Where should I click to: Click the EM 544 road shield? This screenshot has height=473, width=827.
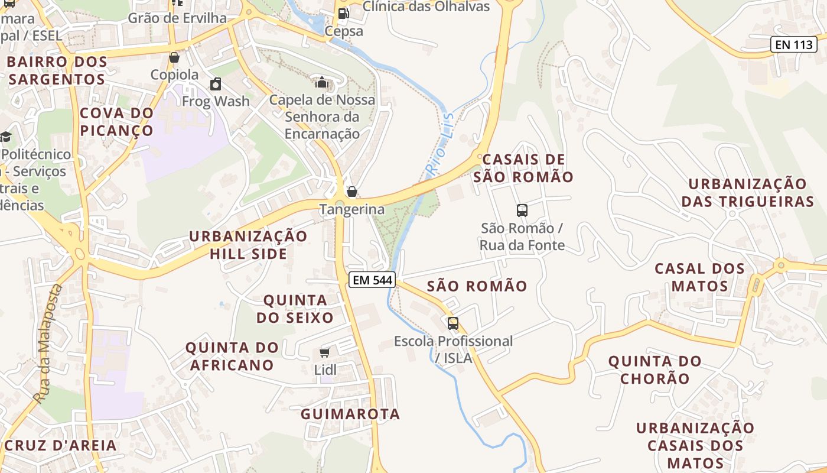[372, 280]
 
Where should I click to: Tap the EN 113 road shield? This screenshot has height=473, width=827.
[793, 44]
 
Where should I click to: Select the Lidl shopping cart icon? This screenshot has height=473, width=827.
[324, 353]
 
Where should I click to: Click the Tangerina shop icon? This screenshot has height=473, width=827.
[351, 192]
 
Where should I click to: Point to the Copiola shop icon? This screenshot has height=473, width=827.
[174, 57]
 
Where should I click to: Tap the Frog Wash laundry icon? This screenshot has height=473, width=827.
[216, 84]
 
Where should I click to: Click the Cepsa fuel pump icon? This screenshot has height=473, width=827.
[343, 14]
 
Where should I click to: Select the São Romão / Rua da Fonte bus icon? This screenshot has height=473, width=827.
[522, 210]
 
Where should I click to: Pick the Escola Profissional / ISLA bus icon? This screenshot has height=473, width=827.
[453, 323]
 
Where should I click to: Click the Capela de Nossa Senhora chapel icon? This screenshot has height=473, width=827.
[322, 82]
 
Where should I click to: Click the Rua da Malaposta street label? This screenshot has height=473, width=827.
[48, 343]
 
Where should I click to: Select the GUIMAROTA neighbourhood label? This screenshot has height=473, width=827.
[350, 414]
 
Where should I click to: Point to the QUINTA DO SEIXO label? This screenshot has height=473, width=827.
[295, 309]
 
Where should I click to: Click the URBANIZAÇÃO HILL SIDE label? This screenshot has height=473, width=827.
[248, 245]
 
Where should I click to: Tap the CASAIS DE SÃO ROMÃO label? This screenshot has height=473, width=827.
[524, 168]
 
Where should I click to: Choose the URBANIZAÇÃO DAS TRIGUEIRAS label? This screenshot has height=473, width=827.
[747, 193]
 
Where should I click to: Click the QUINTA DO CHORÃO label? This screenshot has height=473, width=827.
[655, 370]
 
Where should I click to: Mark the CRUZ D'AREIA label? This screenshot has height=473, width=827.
[61, 445]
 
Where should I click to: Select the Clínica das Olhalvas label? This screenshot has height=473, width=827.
[426, 7]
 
